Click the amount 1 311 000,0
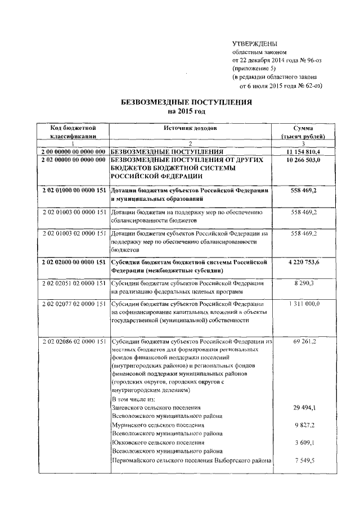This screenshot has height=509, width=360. (x=303, y=304)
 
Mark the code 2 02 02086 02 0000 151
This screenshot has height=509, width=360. (x=74, y=341)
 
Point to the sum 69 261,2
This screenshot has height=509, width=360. (x=304, y=341)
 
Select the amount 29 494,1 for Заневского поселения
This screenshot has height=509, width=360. (x=304, y=407)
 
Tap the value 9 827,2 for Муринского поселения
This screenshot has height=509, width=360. (x=304, y=425)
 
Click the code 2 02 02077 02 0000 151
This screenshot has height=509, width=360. (x=74, y=304)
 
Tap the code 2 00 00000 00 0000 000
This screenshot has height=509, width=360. (x=74, y=152)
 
